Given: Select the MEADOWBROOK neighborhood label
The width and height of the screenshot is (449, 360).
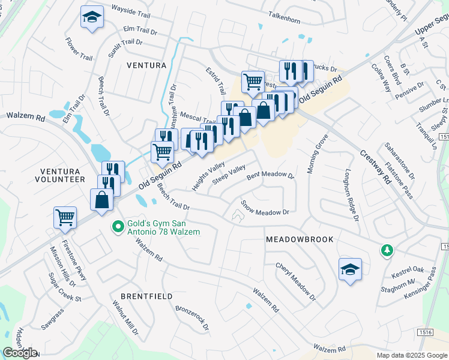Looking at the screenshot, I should (299, 239).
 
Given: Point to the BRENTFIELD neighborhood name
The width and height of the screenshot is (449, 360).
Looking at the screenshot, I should (146, 296).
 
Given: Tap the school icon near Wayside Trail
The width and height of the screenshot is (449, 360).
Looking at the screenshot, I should (92, 17).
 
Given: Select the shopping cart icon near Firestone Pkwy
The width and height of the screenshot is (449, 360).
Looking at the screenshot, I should (65, 217).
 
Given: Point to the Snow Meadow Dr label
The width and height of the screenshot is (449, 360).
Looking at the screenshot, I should (265, 208).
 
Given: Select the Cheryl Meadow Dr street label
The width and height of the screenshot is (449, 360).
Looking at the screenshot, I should (295, 281).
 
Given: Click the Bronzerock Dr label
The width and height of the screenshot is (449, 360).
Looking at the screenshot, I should (192, 318).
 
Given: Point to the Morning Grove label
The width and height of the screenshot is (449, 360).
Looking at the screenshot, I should (318, 154).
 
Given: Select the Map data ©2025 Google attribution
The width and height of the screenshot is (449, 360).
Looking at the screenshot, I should (411, 355).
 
